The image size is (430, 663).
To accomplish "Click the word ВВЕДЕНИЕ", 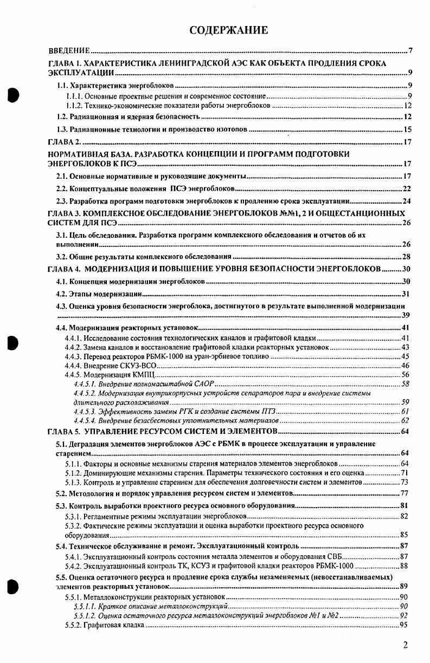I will coord(69,51).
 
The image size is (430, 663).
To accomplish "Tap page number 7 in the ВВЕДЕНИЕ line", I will coord(410,51).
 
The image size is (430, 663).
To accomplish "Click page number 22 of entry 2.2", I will coord(407,188).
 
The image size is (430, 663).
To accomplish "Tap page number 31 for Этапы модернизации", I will coord(407,294).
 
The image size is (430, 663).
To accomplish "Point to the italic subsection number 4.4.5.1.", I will coord(85,383).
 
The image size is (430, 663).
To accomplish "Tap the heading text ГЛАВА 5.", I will coord(64,431).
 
